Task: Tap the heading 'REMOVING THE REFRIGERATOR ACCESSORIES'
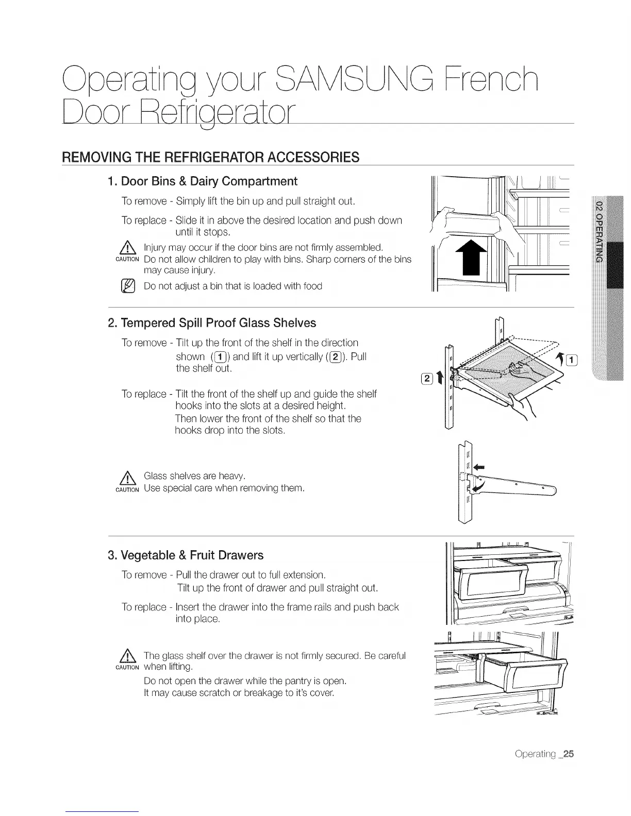pos(210,157)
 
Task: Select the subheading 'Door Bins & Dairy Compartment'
pos(202,181)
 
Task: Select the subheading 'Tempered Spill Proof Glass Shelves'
pos(212,323)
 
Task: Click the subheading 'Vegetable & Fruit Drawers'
pos(186,555)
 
